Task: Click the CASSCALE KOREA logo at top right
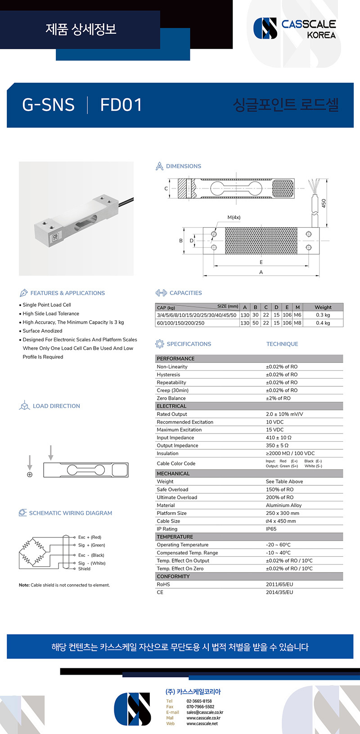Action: click(295, 28)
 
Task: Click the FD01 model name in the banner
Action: click(121, 105)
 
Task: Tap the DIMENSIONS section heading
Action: click(183, 166)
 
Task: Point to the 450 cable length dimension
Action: click(324, 203)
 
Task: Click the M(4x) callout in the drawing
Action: click(234, 217)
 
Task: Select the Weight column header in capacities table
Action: click(323, 307)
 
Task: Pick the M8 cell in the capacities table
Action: click(297, 323)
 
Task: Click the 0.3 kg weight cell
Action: click(323, 315)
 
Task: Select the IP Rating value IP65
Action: click(271, 529)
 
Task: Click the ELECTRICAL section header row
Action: click(171, 406)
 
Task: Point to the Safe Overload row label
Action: click(172, 489)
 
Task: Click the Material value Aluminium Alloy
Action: click(283, 505)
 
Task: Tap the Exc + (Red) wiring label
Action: click(90, 537)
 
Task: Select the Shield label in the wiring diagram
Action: click(84, 569)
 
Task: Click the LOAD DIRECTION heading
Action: click(56, 406)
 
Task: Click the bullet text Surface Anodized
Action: click(42, 331)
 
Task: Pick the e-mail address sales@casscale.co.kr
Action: click(205, 712)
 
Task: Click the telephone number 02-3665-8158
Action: click(199, 701)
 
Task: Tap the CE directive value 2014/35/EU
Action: click(279, 592)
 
